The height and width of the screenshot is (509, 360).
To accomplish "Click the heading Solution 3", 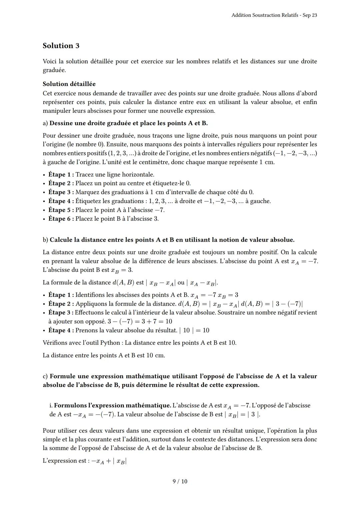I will click(x=61, y=46).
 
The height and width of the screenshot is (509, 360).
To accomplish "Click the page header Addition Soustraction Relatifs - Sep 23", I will click(x=274, y=15).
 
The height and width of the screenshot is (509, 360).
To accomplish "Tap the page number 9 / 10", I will click(x=180, y=481).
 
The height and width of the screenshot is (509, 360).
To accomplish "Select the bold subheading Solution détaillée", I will click(x=69, y=84).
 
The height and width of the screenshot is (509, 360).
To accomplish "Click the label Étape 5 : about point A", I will click(x=61, y=210).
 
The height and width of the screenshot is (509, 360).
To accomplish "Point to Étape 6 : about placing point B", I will click(x=61, y=219).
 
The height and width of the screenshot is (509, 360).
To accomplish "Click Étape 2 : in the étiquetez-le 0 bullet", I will click(x=61, y=183).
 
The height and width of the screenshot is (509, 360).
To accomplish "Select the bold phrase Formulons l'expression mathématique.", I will click(x=112, y=406).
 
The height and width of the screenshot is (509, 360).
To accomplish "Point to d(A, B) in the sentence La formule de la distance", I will click(x=123, y=283).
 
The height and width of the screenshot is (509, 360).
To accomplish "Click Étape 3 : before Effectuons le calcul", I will click(x=61, y=313).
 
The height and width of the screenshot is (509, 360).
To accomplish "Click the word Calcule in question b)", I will click(x=61, y=240).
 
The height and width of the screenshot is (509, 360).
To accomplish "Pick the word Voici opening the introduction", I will click(x=49, y=62).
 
